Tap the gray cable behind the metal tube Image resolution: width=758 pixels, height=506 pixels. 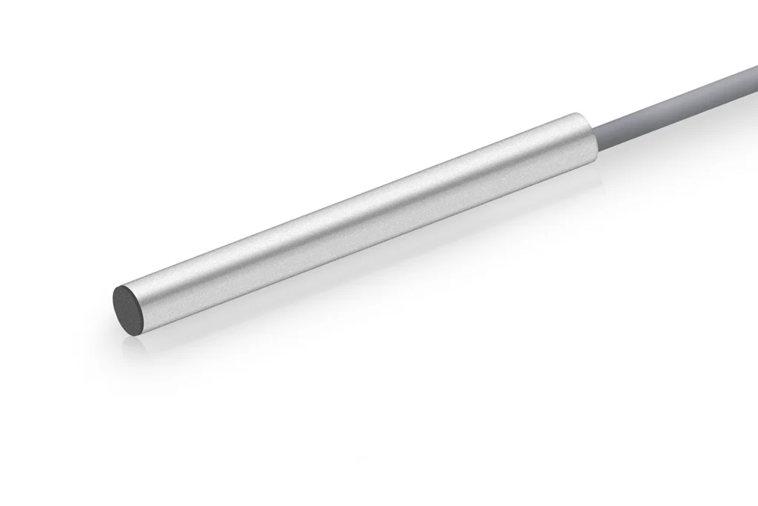point(666,105)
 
